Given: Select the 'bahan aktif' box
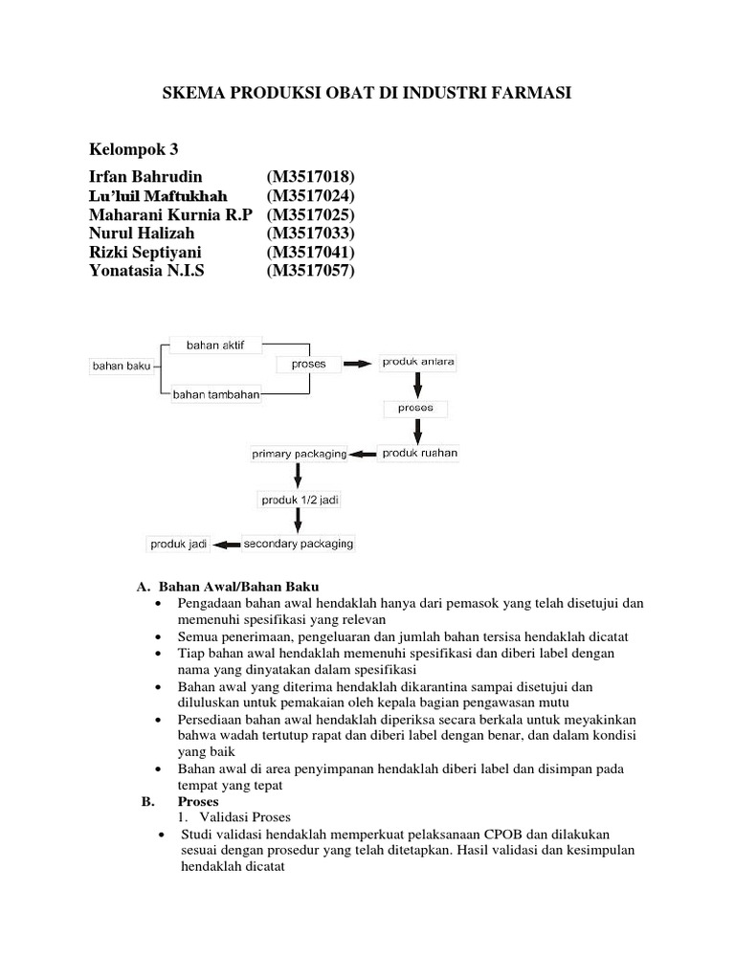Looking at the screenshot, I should click(216, 345).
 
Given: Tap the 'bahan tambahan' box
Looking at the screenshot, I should click(216, 394).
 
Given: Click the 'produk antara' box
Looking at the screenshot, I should click(418, 362).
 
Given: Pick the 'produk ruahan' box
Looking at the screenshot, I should click(419, 453).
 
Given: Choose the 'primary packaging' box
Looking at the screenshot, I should click(299, 454).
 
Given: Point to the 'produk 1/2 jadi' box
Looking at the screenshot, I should click(298, 499).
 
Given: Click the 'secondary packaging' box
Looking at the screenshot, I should click(299, 544).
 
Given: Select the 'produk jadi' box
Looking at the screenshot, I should click(179, 544).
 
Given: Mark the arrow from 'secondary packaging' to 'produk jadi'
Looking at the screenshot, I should click(226, 544).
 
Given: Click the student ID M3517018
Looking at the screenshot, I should click(311, 177).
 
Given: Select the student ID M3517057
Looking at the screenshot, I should click(311, 271).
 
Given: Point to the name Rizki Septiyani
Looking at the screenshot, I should click(145, 253).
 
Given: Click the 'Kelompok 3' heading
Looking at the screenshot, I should click(134, 149).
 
